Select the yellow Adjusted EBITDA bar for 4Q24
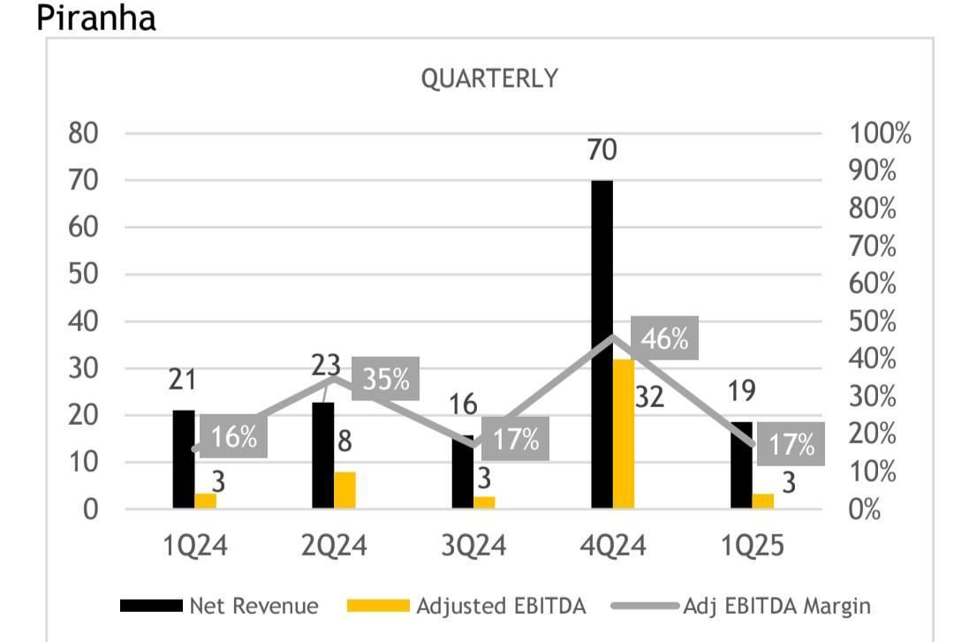tap(624, 434)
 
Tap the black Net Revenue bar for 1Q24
tap(183, 459)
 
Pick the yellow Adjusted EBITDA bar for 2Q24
tap(344, 490)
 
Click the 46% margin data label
tap(664, 338)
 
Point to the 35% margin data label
tap(385, 379)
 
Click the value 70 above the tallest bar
tap(602, 150)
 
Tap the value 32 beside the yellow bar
tap(649, 397)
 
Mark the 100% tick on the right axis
tap(880, 134)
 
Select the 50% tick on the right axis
tap(874, 321)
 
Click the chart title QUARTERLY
tap(489, 79)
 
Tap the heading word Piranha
tap(96, 18)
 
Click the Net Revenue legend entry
tap(221, 606)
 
